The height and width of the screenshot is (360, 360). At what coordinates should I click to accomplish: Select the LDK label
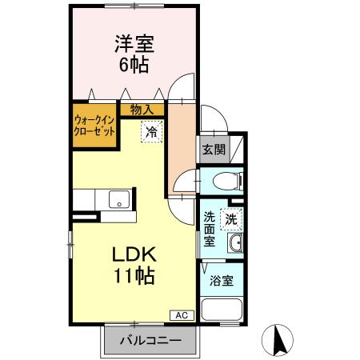[x=133, y=257]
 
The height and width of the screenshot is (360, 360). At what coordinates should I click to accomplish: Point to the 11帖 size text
[x=133, y=278]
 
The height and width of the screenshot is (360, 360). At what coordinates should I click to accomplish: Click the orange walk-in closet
[x=94, y=126]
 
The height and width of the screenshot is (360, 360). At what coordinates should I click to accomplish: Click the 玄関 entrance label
[x=212, y=148]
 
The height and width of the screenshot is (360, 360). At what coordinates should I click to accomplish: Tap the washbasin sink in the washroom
[x=235, y=245]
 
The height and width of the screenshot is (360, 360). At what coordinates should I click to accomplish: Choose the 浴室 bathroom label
[x=222, y=281]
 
